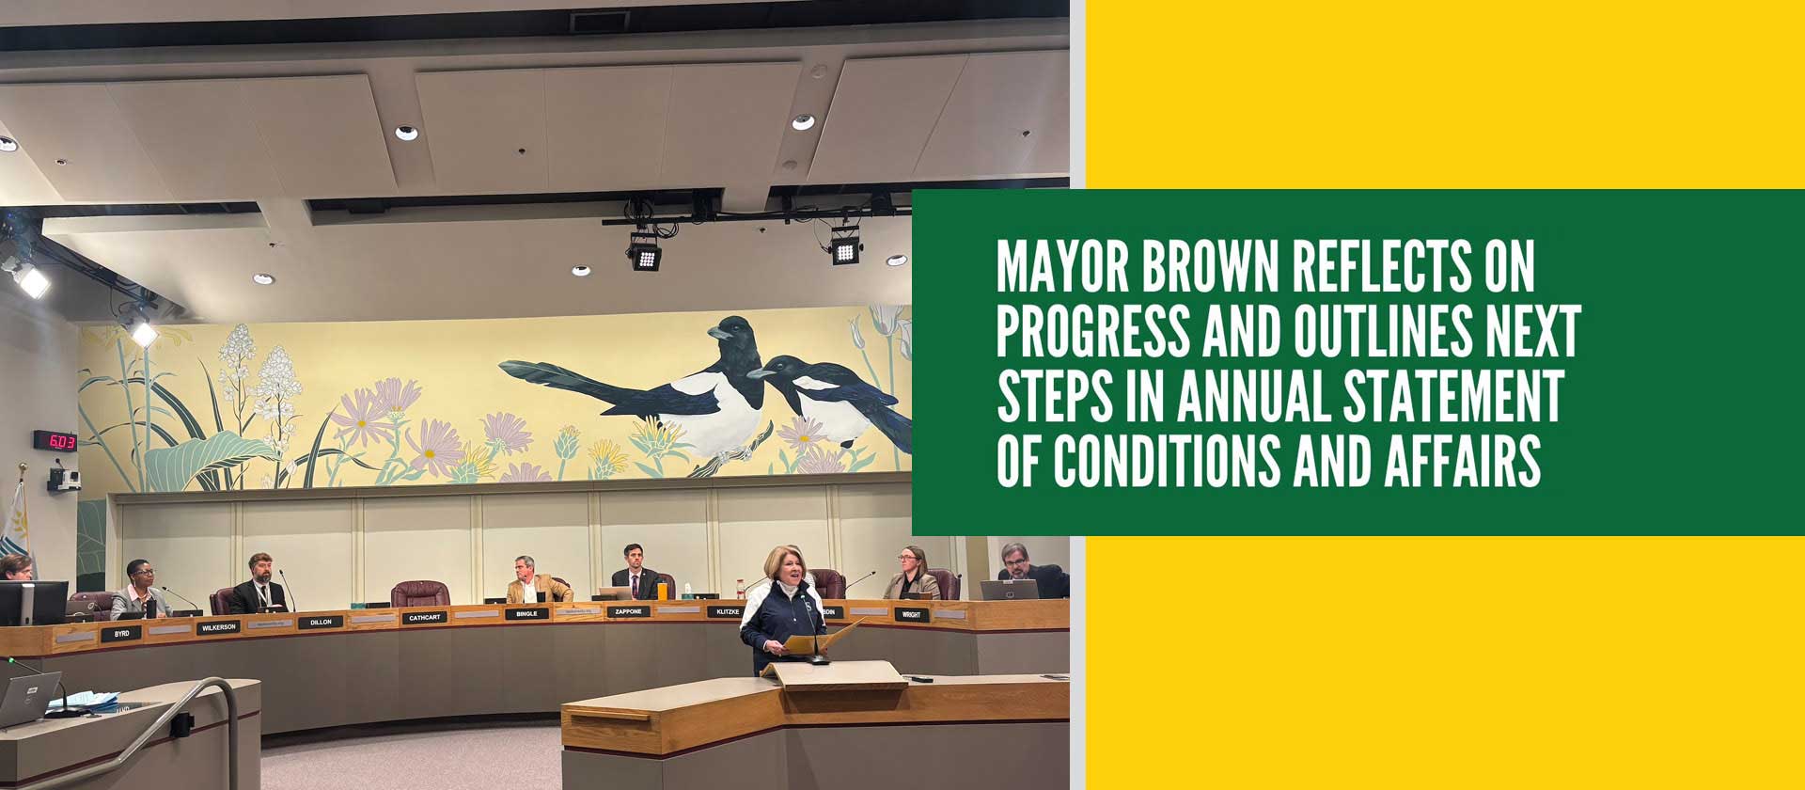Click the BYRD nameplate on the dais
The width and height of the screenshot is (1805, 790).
(x=121, y=634)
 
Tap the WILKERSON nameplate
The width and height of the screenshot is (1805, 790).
(x=217, y=627)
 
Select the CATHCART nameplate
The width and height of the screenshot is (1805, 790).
(x=424, y=618)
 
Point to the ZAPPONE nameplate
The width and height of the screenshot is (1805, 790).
(x=628, y=612)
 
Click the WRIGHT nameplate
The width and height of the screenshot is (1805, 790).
(x=911, y=615)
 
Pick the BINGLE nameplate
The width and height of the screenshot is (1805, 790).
(x=526, y=614)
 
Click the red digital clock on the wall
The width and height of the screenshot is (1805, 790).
(x=55, y=440)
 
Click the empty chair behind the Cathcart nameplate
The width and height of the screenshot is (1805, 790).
(x=419, y=593)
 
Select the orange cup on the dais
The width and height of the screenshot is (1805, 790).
(x=662, y=592)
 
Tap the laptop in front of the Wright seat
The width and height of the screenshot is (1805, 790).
(x=1009, y=590)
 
